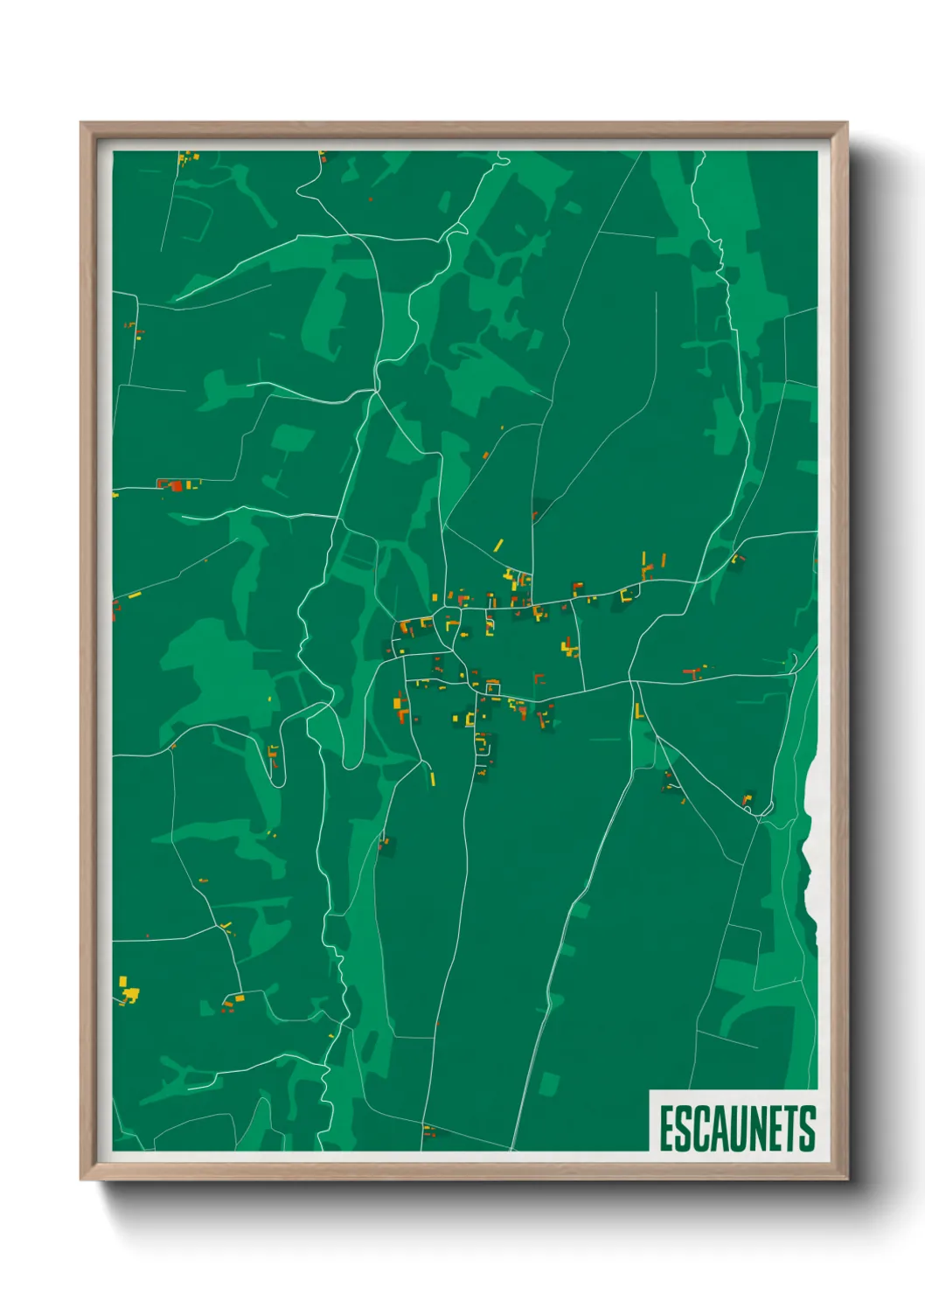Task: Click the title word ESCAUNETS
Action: click(737, 1128)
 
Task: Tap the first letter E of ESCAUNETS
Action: click(667, 1128)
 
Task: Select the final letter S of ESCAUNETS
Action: click(807, 1128)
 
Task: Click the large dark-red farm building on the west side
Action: click(176, 485)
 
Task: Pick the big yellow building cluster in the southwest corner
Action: click(129, 991)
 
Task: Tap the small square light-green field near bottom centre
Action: click(547, 1083)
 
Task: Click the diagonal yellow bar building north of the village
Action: click(498, 546)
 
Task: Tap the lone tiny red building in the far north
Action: click(371, 199)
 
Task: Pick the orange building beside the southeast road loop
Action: click(747, 798)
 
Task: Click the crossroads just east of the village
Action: click(630, 678)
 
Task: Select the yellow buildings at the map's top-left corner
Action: click(186, 158)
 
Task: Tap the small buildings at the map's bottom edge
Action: click(428, 1131)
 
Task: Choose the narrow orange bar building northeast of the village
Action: click(664, 560)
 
